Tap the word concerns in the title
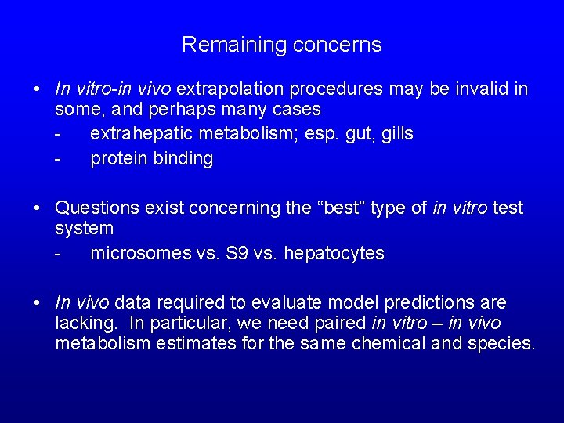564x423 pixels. pos(338,45)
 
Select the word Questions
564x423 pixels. pos(95,208)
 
